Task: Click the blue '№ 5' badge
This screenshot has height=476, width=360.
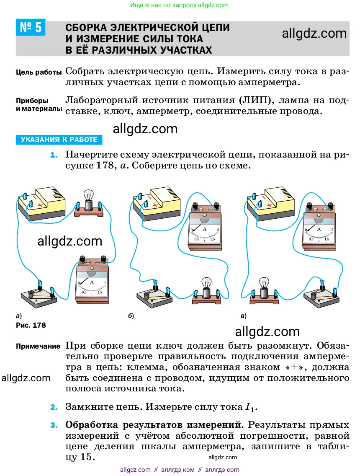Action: click(x=30, y=27)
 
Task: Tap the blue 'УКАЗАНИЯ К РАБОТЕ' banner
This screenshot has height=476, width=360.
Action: click(x=59, y=140)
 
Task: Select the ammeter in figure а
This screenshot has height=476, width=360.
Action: click(x=92, y=280)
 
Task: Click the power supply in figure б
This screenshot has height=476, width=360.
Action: click(x=157, y=204)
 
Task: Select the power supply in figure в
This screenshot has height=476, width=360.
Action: click(x=271, y=204)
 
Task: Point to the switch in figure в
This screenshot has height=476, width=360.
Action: click(x=322, y=294)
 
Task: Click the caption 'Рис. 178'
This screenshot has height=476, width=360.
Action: click(x=31, y=325)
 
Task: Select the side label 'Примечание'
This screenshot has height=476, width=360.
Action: click(x=38, y=346)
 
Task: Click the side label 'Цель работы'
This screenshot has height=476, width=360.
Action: click(x=39, y=72)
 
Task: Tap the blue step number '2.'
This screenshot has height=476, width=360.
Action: click(x=54, y=407)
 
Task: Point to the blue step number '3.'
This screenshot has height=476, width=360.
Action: click(x=54, y=425)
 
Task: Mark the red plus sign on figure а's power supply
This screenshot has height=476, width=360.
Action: click(x=40, y=205)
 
